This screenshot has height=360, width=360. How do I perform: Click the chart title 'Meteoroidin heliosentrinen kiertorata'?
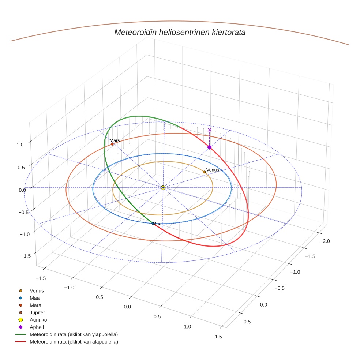click(180, 32)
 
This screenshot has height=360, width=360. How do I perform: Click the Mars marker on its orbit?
click(112, 144)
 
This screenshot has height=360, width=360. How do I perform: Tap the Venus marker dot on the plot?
click(204, 172)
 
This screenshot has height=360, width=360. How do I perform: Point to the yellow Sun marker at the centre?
click(163, 188)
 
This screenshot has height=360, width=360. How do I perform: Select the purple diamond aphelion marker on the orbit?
click(209, 147)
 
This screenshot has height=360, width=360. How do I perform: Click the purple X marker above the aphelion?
click(209, 130)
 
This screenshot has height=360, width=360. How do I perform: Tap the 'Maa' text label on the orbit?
click(157, 224)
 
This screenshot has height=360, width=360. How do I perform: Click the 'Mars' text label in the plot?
click(115, 140)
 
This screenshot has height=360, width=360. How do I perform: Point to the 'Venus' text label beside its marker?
click(213, 170)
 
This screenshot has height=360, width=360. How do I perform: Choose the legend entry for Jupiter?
click(37, 312)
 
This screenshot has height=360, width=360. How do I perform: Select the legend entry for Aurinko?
click(38, 320)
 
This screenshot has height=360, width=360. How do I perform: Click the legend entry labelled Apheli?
click(37, 327)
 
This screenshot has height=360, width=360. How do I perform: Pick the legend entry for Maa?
click(34, 298)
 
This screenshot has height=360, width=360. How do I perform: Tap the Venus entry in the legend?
click(37, 290)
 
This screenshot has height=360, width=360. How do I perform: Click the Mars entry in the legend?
click(35, 305)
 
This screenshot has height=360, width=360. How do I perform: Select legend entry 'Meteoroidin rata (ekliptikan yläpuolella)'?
click(74, 334)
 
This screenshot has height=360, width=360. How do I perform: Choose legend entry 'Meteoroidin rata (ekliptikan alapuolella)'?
click(74, 342)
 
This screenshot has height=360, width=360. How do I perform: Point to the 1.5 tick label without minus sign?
click(218, 336)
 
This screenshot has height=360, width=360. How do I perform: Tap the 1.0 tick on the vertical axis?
click(20, 145)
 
